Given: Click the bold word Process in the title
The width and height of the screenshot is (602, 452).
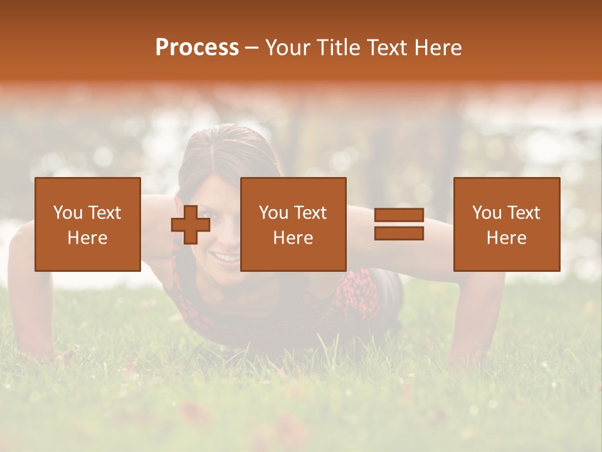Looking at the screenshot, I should pos(197,48).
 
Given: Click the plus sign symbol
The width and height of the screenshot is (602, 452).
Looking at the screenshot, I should pos(191,225).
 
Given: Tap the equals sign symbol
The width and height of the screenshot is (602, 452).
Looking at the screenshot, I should pos(399,224).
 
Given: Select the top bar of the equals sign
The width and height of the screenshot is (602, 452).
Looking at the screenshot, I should pos(399,215).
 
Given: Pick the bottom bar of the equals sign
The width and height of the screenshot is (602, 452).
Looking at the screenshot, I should pos(399,233).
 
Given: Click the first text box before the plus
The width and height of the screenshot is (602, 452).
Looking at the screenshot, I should pos(87,224).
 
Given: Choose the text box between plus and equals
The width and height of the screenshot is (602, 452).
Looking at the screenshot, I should pos(293,224).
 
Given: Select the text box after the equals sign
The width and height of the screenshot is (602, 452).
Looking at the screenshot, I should pos(506,224).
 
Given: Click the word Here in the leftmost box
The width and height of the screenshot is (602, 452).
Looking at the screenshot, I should pos(87,237).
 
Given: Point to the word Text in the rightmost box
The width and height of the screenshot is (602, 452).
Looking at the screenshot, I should pos(523,213).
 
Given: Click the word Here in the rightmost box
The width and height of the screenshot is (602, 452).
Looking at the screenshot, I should pos(506,237).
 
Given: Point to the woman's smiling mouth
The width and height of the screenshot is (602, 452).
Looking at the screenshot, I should pos(226,257).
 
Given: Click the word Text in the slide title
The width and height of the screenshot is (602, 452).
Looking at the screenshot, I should pos(384,48).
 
